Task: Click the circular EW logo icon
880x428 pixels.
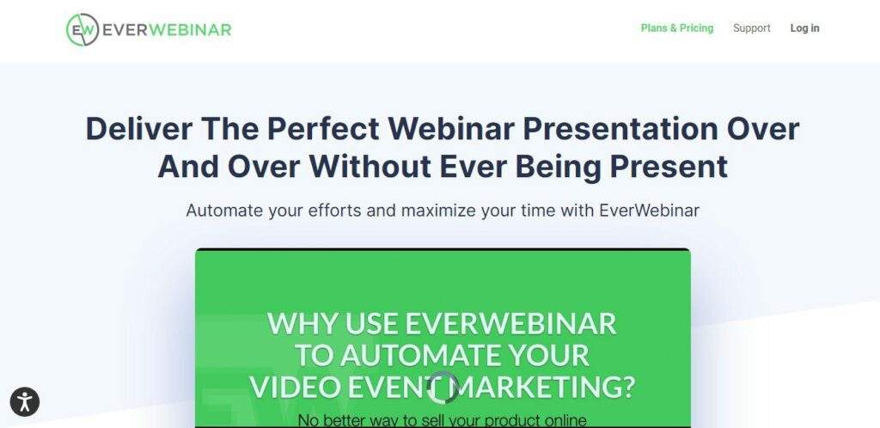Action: [82, 29]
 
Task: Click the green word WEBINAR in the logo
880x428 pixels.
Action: [190, 29]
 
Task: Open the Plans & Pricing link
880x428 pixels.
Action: [677, 28]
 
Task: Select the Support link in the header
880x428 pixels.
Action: [751, 28]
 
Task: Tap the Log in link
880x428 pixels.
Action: [804, 28]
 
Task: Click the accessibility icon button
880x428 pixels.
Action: [25, 401]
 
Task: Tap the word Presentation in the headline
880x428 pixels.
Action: [620, 128]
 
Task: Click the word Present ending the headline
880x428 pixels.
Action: [669, 166]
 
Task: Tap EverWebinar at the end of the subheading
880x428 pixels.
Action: [650, 211]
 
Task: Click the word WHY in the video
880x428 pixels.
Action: [302, 324]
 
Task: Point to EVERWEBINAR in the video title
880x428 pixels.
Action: [510, 324]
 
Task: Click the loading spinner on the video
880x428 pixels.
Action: [443, 387]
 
